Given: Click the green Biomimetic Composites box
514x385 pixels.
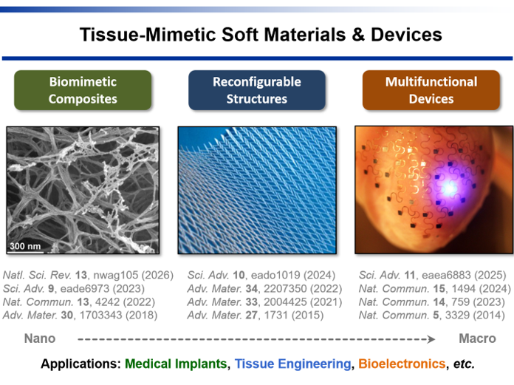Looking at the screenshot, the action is click(x=83, y=90).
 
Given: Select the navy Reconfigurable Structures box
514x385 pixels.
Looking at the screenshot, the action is click(x=257, y=90).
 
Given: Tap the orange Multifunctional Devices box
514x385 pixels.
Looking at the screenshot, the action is click(x=431, y=90).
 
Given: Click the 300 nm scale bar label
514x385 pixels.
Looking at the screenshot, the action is click(x=25, y=246).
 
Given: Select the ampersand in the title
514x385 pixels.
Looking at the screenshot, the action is click(x=358, y=35).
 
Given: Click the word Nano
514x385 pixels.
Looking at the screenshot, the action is click(x=40, y=338).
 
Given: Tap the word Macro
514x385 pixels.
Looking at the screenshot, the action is click(x=477, y=338).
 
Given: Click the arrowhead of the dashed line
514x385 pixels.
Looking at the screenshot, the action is click(x=432, y=339).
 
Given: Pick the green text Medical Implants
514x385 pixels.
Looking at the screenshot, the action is click(x=176, y=364).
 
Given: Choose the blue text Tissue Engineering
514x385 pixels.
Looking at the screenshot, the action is click(x=292, y=364).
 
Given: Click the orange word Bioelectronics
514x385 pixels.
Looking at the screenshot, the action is click(x=402, y=364).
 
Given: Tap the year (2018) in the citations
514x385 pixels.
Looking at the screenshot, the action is click(x=142, y=315).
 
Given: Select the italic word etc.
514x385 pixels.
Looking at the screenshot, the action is click(x=464, y=364).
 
